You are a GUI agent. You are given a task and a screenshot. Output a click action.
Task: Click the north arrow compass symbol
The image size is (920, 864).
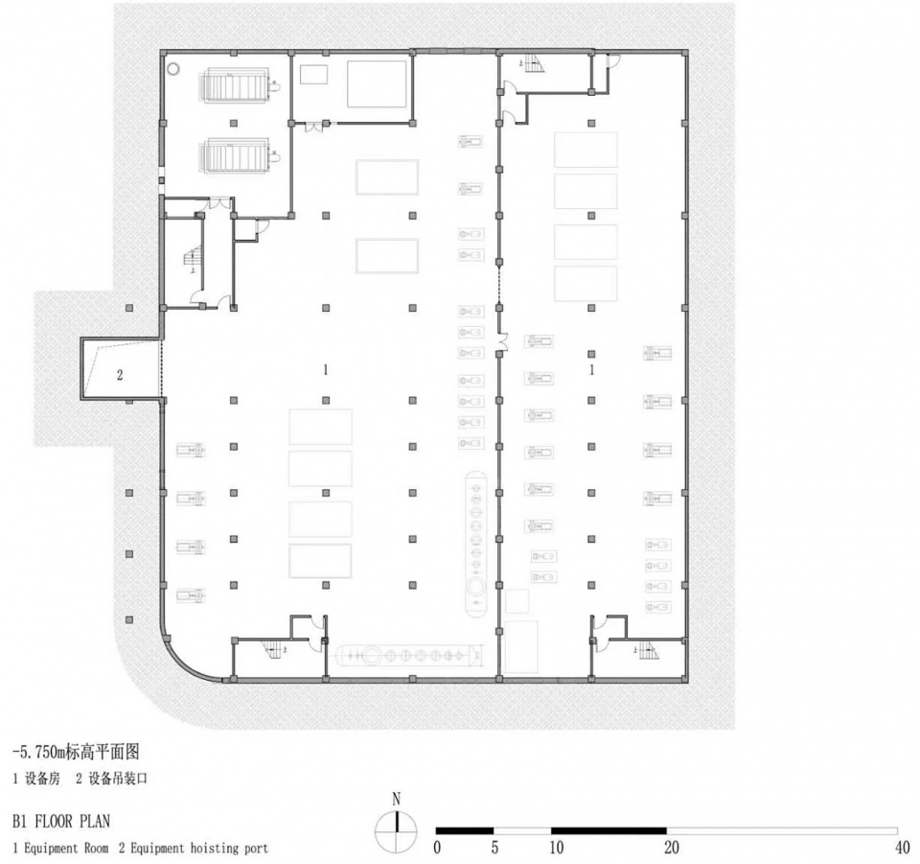point(397,831)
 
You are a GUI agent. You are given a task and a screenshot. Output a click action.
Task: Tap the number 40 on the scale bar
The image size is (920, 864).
point(903,848)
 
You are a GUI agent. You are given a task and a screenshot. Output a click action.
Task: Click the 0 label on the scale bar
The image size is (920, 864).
point(437,848)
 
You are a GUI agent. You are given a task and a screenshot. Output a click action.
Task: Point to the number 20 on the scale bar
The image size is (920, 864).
point(672,848)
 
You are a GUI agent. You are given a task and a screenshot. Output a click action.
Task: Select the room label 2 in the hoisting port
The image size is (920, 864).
point(120,375)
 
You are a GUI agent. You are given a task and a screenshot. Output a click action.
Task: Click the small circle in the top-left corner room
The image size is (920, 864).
point(173,69)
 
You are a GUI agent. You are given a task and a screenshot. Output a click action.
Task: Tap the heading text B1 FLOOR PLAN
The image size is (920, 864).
point(61,821)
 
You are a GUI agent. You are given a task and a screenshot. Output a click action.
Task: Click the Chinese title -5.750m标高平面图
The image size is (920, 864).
point(76,751)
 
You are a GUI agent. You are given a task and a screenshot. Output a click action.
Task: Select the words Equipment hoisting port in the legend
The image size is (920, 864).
point(199,848)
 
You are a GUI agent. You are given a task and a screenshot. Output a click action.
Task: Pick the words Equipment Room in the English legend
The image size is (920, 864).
point(66,848)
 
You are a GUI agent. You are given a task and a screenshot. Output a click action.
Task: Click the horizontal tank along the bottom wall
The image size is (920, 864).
point(407,656)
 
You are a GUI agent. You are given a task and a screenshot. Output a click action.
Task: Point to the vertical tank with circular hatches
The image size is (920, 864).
point(476,543)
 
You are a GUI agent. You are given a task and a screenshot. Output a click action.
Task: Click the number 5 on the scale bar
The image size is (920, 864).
point(494,848)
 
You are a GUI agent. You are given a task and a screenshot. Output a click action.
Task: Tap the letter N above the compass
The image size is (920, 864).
point(397,800)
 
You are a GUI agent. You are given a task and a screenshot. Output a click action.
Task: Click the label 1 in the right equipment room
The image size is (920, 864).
point(591,370)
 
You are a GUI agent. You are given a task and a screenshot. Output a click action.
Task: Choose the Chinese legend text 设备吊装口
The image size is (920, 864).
point(118,779)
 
